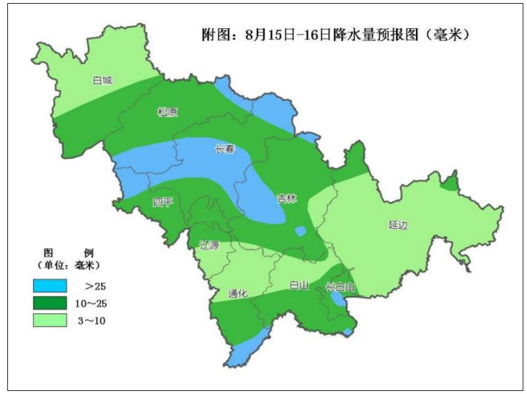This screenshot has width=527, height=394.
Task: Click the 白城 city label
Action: [x=102, y=80]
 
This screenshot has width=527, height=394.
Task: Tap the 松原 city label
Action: [x=167, y=112]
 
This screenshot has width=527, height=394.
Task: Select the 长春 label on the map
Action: [x=223, y=149]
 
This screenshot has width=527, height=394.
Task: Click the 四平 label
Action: [x=163, y=203]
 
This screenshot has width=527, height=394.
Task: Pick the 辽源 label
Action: [x=209, y=244]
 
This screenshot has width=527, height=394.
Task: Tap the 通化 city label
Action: [x=237, y=293]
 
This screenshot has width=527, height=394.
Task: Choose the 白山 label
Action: [x=298, y=285]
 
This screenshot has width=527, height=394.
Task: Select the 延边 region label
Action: [x=398, y=225]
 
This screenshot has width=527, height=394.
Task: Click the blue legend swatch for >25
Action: [x=50, y=285]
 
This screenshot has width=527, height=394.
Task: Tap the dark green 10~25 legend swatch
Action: [x=50, y=303]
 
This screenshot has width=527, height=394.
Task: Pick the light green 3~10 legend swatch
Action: [x=50, y=320]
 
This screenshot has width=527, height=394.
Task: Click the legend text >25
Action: [x=97, y=286]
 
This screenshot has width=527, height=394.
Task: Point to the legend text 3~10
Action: [x=97, y=320]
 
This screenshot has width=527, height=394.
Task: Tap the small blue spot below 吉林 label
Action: [x=300, y=231]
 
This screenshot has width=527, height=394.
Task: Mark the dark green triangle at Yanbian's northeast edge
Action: [x=451, y=183]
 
